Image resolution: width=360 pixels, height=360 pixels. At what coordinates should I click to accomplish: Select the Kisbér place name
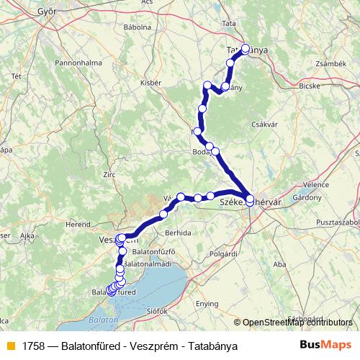pos(150,83)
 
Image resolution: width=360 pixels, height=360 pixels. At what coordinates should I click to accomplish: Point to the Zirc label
pos(109,174)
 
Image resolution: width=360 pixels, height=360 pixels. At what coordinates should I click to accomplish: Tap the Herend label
pos(79,225)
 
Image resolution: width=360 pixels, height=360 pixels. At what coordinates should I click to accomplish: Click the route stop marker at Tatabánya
pos(246,49)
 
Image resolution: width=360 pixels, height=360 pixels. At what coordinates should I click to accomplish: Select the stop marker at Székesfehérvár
pos(249,201)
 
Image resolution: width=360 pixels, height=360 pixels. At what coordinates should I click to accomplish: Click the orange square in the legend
pos(10,345)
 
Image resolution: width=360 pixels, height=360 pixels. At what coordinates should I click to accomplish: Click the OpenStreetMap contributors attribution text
pos(298,323)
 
